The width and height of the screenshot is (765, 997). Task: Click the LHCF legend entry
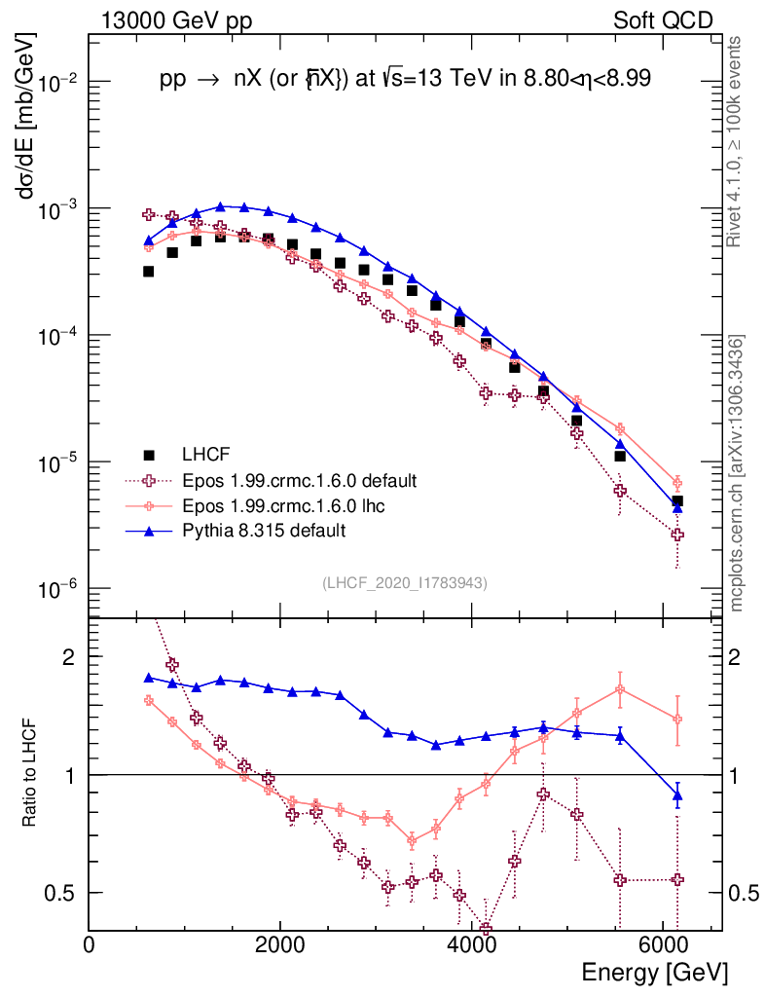tap(211, 455)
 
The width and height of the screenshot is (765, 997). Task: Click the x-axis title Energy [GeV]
tap(654, 972)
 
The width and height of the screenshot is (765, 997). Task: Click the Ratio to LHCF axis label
tap(30, 774)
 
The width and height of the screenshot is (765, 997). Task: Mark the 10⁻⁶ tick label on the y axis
tap(58, 589)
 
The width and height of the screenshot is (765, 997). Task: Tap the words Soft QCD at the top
tap(663, 19)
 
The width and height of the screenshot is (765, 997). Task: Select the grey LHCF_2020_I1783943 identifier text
tap(405, 582)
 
